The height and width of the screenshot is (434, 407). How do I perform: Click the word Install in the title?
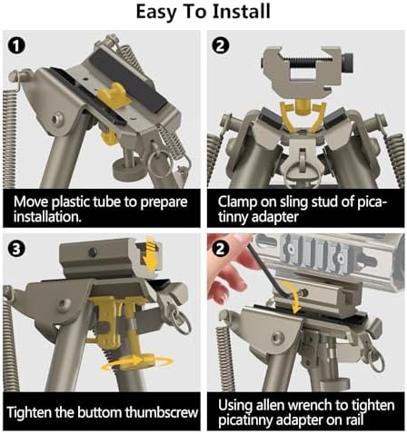[x=241, y=12]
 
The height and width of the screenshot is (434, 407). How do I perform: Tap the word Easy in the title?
[x=154, y=13]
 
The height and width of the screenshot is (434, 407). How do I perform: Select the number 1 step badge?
[x=16, y=45]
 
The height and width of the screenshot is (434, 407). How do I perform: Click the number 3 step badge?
[x=16, y=249]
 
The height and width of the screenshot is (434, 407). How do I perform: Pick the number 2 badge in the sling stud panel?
[x=221, y=45]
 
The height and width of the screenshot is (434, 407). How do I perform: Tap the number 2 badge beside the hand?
[x=221, y=249]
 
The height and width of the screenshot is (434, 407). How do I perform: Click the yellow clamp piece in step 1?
[x=114, y=94]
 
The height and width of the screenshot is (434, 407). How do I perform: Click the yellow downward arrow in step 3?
[x=151, y=252]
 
